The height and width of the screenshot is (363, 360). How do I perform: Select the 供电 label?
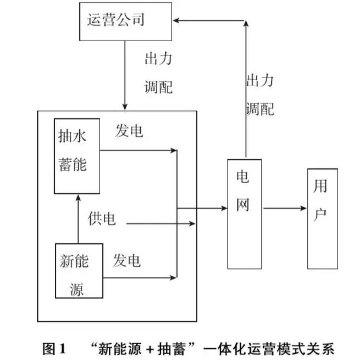click(x=102, y=219)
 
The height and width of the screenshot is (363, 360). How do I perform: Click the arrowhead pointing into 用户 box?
click(x=303, y=208)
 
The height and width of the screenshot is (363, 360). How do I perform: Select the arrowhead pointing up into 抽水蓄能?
click(x=78, y=197)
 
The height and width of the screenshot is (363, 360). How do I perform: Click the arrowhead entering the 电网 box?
click(x=224, y=208)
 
